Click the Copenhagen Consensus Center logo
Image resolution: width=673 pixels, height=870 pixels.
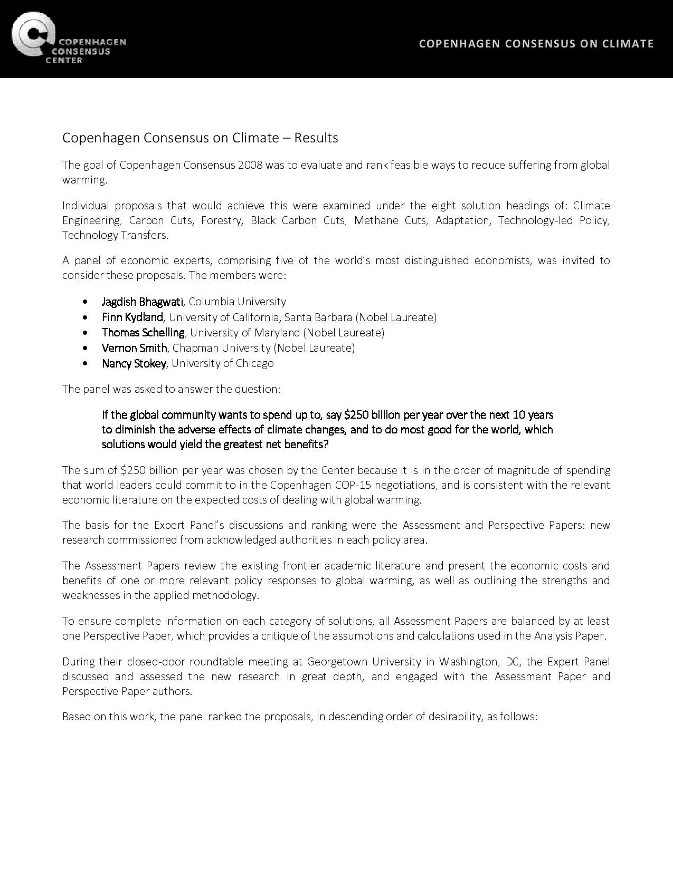click(68, 39)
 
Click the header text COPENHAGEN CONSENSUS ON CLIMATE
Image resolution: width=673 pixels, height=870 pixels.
click(536, 44)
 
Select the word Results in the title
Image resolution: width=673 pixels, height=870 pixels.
click(316, 138)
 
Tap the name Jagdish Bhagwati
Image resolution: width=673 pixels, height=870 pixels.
click(142, 302)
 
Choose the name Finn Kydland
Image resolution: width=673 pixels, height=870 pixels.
click(132, 317)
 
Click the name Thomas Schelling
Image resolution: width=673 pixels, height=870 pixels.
click(143, 332)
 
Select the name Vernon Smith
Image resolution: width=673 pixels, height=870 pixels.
click(134, 348)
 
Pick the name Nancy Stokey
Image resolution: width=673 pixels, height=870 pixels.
click(134, 363)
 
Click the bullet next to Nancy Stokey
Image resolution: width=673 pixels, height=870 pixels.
click(86, 363)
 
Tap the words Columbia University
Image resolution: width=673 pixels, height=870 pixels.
click(237, 302)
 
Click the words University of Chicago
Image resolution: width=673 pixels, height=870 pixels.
click(222, 363)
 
